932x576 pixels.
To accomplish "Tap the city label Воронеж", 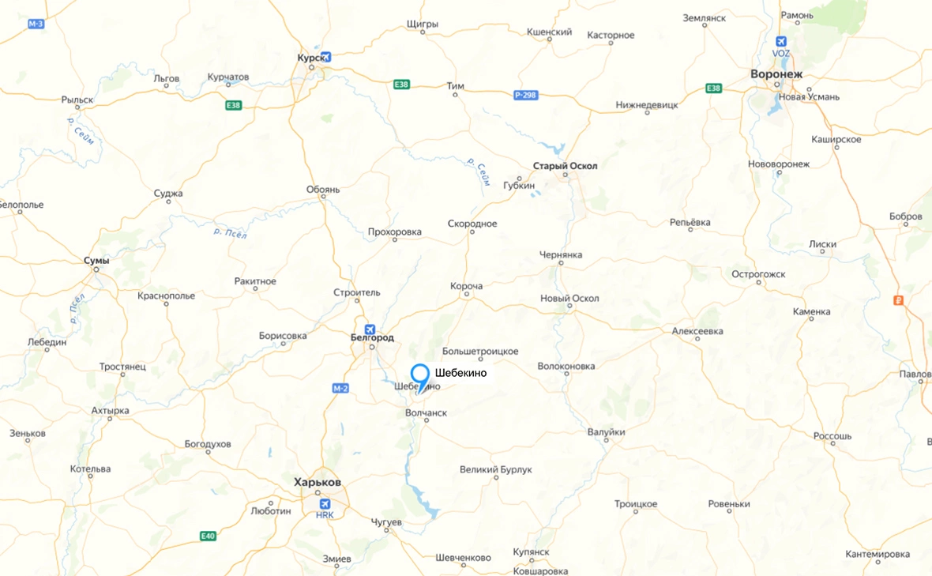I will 776,73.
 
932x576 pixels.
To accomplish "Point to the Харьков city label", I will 318,482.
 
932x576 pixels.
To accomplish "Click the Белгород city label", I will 371,337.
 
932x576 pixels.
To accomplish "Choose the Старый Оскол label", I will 566,166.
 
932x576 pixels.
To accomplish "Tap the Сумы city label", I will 97,260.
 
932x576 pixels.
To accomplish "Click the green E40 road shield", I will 208,536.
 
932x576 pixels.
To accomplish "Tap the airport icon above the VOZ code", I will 781,41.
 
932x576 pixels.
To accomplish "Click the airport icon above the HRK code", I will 325,504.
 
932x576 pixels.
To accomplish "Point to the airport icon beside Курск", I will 326,58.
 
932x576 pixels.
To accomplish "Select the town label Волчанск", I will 426,412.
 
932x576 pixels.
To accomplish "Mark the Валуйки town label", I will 607,432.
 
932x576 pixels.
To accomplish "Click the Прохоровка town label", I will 395,232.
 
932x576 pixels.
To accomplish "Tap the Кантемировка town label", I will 878,553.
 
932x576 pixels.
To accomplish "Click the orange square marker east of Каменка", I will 898,300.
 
